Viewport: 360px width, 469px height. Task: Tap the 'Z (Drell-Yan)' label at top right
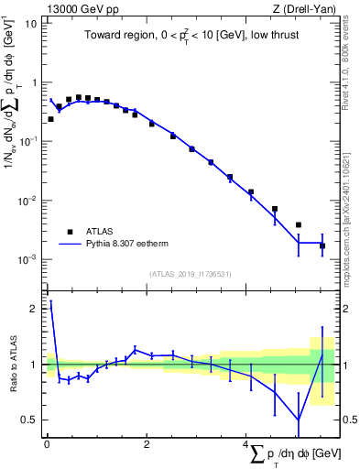[x=307, y=9]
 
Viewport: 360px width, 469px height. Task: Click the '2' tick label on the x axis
[x=147, y=444]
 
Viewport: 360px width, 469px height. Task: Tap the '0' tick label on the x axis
[x=47, y=444]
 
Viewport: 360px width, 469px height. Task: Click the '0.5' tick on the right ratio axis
[x=347, y=420]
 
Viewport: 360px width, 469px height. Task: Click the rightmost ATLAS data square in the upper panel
[x=322, y=245]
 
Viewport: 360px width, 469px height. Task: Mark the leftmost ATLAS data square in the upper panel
[x=50, y=119]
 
